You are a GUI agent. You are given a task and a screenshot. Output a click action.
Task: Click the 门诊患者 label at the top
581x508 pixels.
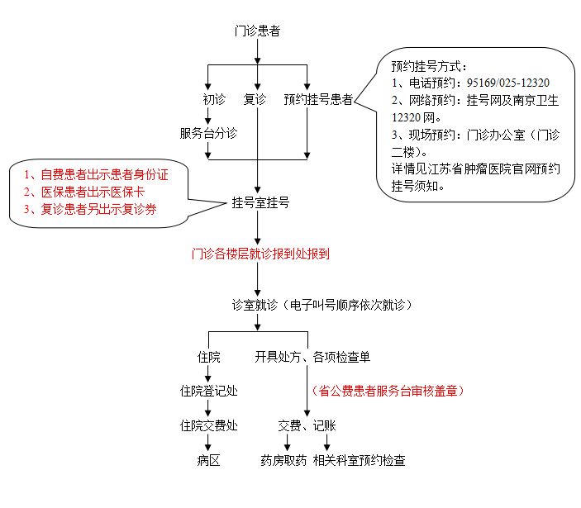click(x=257, y=31)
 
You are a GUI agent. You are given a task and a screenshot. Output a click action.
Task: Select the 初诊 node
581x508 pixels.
click(x=213, y=99)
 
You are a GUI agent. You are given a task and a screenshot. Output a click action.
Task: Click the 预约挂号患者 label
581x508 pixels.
click(x=318, y=99)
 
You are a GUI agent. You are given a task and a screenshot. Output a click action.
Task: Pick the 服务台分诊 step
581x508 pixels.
click(x=208, y=132)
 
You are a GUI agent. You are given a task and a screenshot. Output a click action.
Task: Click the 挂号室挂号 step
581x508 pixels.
click(x=260, y=202)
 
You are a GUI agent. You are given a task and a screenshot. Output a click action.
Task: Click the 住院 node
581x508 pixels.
click(x=208, y=357)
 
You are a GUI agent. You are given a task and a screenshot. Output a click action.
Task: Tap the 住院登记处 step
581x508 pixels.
click(x=208, y=391)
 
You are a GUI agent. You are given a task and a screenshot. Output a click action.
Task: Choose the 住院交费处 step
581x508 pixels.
click(x=208, y=425)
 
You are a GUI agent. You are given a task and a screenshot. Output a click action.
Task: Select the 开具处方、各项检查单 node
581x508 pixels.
click(x=312, y=357)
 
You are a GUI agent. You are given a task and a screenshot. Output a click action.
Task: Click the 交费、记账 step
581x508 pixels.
click(x=307, y=425)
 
